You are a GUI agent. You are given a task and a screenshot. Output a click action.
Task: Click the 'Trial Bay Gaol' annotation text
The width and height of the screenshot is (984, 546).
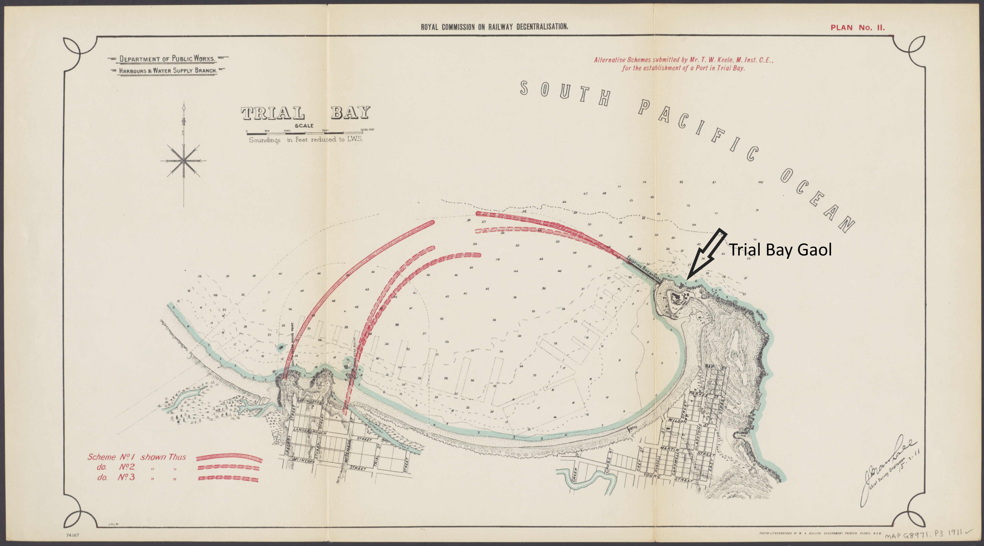(x=780, y=250)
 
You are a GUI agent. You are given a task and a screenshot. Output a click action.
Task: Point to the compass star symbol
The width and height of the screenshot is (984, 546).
(x=184, y=161)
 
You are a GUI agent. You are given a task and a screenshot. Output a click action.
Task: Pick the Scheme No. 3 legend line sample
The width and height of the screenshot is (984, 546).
(x=229, y=478)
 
